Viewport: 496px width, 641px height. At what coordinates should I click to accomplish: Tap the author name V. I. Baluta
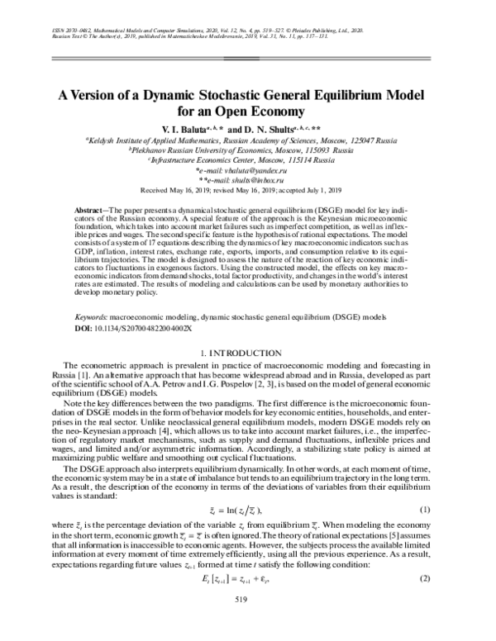pos(180,129)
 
